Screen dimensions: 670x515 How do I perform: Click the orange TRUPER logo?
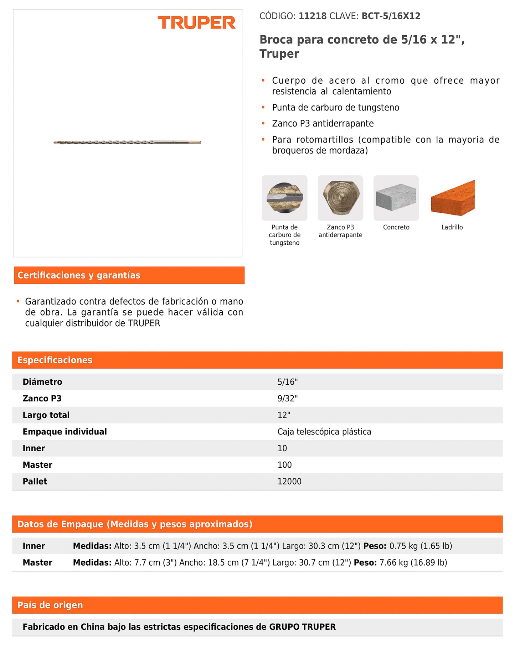(196, 23)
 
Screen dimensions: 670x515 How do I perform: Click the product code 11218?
(312, 16)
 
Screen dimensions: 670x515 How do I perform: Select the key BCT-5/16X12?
(391, 16)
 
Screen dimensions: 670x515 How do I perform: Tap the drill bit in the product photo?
(127, 142)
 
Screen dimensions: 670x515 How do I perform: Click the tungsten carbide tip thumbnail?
(284, 198)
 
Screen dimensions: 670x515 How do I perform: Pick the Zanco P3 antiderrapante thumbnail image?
(340, 198)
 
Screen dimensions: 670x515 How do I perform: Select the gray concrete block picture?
(396, 198)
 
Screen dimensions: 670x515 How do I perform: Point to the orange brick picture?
(453, 198)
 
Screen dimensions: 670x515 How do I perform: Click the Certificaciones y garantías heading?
(79, 275)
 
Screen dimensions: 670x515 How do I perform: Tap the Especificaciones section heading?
(55, 360)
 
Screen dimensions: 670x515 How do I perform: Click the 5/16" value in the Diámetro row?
(287, 382)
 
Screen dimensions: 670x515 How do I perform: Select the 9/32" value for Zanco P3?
(287, 398)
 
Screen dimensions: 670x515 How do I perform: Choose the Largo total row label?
(46, 415)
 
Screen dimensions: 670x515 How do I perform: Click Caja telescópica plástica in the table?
(324, 432)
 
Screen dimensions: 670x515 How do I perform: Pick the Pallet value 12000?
(289, 482)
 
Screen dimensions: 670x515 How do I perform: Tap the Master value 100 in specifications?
(284, 465)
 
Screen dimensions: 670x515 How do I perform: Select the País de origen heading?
(50, 605)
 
